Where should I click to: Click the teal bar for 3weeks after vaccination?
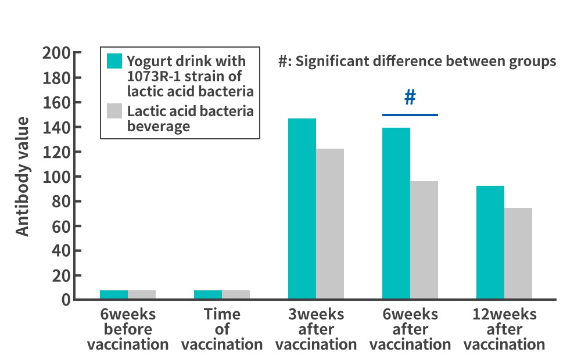coord(302,208)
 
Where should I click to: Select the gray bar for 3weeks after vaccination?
coord(330,224)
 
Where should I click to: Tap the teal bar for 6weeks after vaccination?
coord(396,213)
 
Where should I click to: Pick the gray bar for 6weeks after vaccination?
coord(424,240)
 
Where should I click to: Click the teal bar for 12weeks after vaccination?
coord(490,242)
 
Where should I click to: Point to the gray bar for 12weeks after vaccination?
coord(518,253)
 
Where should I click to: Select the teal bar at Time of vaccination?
coord(208,294)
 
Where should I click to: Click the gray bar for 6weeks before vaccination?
coord(142,294)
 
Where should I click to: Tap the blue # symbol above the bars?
coord(410,98)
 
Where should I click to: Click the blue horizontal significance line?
coord(410,115)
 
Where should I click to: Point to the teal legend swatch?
coord(114,61)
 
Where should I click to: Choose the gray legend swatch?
coord(114,111)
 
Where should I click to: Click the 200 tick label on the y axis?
coord(56,53)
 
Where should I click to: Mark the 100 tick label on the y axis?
coord(56,177)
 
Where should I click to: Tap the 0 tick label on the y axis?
coord(66,300)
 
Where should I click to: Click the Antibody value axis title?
coord(22,177)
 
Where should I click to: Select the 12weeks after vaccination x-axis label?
coord(504,329)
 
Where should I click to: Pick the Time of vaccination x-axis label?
coord(222,329)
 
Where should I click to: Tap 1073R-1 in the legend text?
coord(154,76)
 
